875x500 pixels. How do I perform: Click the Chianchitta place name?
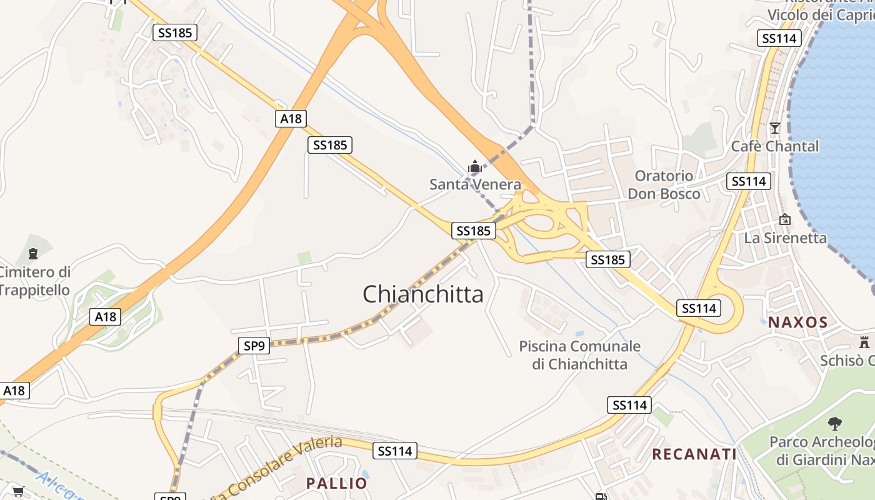[423, 294]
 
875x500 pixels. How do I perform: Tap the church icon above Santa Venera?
[475, 167]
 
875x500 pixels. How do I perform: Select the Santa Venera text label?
[475, 184]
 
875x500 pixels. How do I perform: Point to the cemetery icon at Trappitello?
[32, 253]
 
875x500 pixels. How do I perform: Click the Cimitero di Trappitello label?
[35, 281]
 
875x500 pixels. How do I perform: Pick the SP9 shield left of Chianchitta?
[254, 345]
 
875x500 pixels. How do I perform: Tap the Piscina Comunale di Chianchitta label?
[579, 355]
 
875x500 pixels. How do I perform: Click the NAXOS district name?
[797, 322]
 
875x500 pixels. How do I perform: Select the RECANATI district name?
[694, 454]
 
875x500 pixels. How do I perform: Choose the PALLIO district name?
[336, 483]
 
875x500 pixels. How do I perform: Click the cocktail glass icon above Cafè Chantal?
[775, 128]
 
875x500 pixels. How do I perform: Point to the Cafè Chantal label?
[775, 146]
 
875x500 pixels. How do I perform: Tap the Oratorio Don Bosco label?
[664, 184]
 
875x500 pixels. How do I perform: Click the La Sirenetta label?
[785, 237]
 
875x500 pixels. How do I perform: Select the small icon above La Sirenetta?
[785, 219]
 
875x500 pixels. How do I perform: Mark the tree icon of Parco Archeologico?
[835, 424]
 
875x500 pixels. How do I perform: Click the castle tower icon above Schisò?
[864, 342]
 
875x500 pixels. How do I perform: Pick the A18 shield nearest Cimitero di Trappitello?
[106, 317]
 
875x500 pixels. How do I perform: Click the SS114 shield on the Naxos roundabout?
[699, 308]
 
